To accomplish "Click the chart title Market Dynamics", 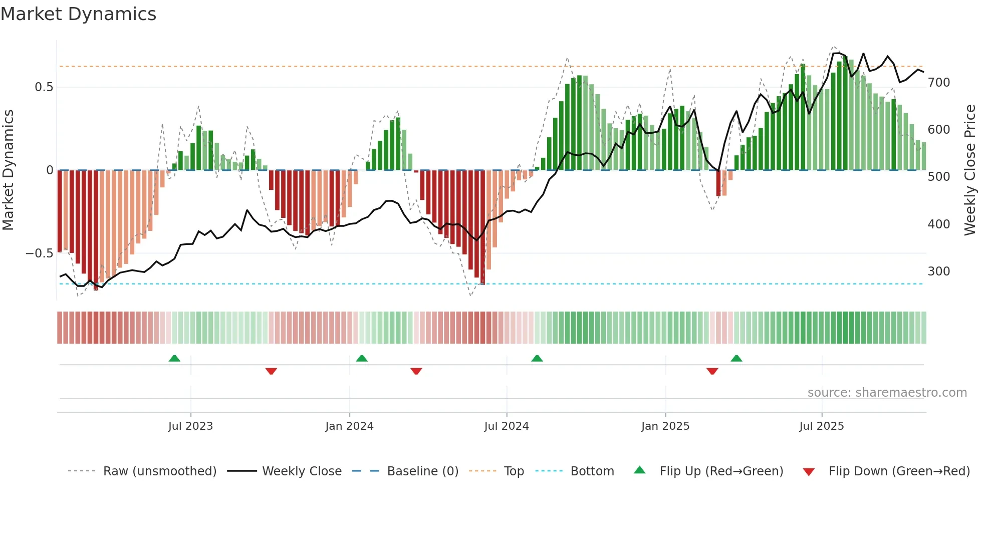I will pos(78,14).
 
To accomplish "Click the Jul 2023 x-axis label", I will pos(190,426).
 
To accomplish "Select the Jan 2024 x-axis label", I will pos(349,426).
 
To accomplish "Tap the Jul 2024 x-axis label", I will pos(507,426).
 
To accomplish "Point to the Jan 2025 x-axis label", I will pos(665,426).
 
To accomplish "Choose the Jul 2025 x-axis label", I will pos(822,426).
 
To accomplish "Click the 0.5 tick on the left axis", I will pos(44,87).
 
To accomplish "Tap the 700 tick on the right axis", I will pos(939,83).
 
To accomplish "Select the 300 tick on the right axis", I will pos(939,271).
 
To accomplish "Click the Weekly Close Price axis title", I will pos(970,170).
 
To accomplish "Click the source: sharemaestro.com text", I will pos(887,393).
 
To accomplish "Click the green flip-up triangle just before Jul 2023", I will pos(174,358).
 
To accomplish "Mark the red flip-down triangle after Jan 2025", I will pos(712,371).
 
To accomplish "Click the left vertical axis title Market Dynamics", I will pos(8,170).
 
